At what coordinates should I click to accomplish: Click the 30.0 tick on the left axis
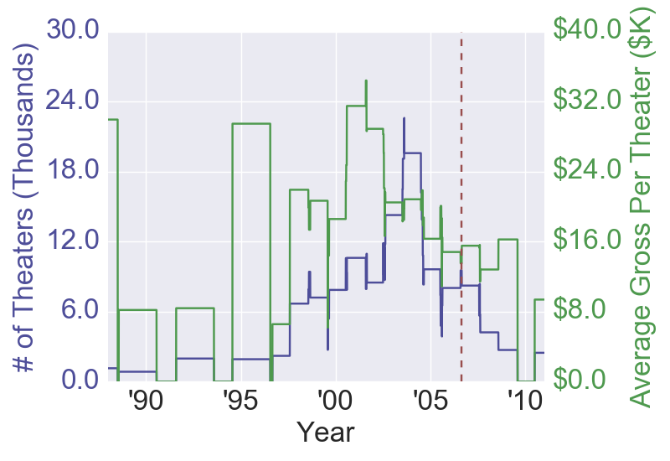click(x=75, y=31)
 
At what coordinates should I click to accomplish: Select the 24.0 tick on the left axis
click(x=75, y=101)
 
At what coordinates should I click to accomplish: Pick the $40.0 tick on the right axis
click(x=585, y=31)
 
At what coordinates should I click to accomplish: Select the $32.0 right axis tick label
click(x=585, y=101)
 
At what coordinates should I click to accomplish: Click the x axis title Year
click(x=326, y=433)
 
